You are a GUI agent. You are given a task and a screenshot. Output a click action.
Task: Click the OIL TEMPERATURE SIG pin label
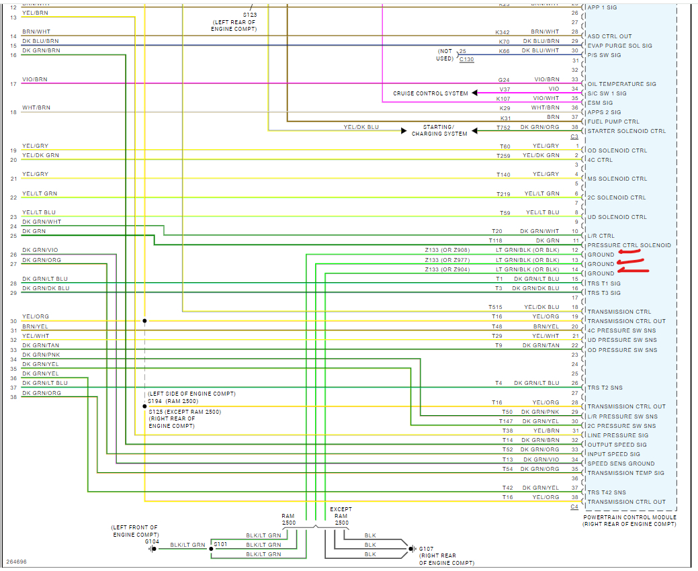pos(621,84)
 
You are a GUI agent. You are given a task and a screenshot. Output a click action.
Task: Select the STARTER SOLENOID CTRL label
pos(626,131)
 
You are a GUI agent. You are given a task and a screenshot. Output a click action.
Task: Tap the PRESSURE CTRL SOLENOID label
pos(629,245)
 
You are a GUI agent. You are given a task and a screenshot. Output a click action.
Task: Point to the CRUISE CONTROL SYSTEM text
pos(431,93)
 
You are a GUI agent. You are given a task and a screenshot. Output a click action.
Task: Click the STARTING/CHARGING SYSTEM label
pos(439,130)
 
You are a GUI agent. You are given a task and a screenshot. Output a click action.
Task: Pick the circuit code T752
pos(503,127)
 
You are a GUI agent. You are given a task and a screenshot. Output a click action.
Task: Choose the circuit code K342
pos(503,32)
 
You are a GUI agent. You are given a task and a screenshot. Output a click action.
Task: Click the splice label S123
pos(249,14)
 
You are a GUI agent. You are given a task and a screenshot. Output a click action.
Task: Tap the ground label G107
pos(427,548)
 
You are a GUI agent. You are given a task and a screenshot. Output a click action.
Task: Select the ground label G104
pos(152,541)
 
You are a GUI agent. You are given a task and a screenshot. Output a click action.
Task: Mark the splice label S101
pos(220,545)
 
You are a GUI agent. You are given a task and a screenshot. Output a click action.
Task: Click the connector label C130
pos(467,60)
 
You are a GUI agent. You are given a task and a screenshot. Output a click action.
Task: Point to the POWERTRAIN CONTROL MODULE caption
pos(629,517)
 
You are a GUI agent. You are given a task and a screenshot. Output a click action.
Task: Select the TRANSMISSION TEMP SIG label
pos(625,473)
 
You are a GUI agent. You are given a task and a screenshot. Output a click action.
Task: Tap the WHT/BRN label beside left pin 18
pos(36,107)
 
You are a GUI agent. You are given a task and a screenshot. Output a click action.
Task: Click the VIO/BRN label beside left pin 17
pos(35,79)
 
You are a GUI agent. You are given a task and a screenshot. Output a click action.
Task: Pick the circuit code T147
pos(506,421)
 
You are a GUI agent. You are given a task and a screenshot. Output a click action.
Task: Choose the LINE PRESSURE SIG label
pos(618,435)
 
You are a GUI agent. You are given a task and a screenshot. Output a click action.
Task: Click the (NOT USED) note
pos(445,54)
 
